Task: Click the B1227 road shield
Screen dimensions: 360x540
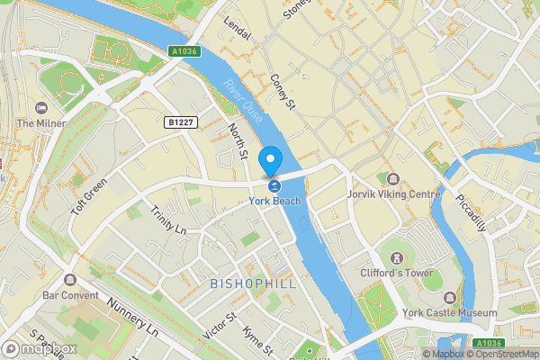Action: tap(182, 121)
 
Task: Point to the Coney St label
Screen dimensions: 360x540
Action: tap(283, 92)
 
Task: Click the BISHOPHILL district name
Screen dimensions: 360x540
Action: tap(252, 283)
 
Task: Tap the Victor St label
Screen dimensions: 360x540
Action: tap(219, 326)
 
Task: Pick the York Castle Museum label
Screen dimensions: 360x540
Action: tap(450, 312)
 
